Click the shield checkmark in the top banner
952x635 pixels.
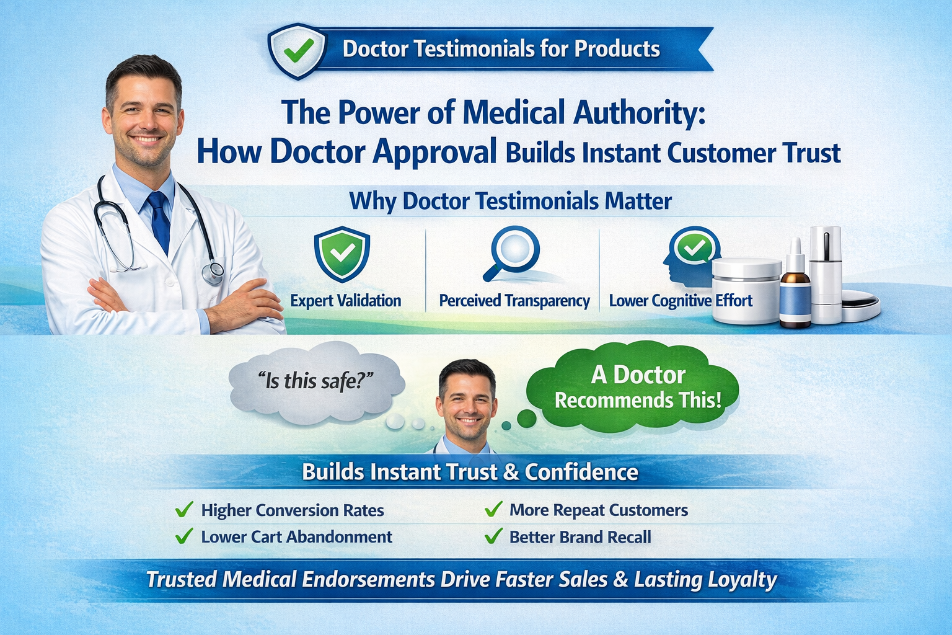point(297,51)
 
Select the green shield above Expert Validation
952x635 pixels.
point(342,254)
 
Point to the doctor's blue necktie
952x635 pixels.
point(159,220)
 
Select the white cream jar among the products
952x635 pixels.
point(746,291)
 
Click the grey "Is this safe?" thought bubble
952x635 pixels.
point(316,382)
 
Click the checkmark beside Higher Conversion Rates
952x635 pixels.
point(184,510)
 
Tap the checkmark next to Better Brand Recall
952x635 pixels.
point(493,536)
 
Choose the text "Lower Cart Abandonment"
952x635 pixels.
point(296,537)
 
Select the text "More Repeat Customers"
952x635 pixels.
point(598,510)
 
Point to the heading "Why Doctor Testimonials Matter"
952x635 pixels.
point(510,201)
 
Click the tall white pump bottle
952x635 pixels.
point(826,273)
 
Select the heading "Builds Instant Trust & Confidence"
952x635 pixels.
point(470,473)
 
